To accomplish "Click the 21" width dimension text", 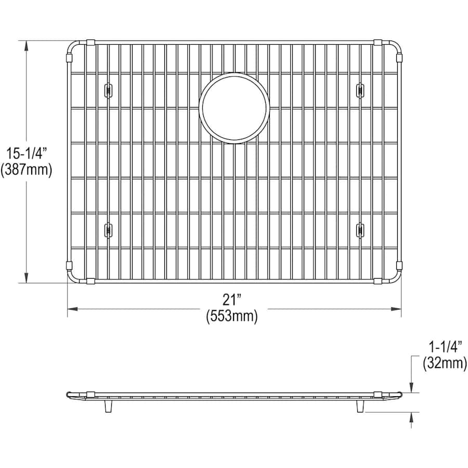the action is pyautogui.click(x=232, y=300).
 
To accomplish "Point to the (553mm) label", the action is pyautogui.click(x=232, y=316).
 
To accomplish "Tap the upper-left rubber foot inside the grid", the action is pyautogui.click(x=108, y=90).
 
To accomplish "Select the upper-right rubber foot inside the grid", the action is pyautogui.click(x=360, y=90).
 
